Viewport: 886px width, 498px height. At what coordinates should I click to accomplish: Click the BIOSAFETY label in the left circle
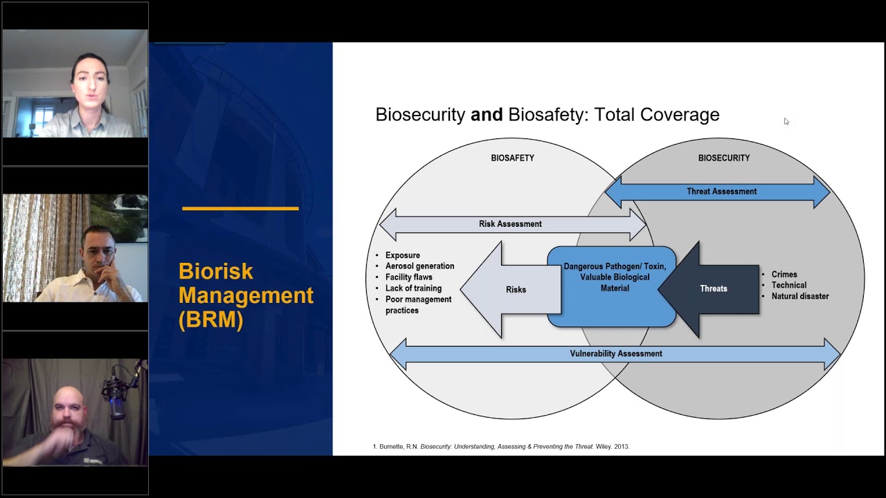click(x=512, y=158)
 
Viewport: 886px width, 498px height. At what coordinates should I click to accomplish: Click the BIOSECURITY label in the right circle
click(x=723, y=158)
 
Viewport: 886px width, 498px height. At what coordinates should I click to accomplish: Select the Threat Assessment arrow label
click(x=721, y=192)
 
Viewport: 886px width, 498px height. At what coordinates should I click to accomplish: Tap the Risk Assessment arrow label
click(x=510, y=224)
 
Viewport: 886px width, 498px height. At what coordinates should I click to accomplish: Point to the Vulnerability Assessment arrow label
click(x=615, y=353)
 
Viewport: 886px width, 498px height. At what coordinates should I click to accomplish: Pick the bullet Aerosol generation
click(x=419, y=266)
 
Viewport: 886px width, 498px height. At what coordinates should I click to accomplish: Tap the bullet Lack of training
click(x=413, y=288)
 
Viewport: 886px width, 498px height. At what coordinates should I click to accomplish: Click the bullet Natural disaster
click(x=799, y=296)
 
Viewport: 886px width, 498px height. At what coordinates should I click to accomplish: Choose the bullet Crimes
click(x=784, y=275)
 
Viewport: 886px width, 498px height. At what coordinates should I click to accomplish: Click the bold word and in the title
click(x=487, y=115)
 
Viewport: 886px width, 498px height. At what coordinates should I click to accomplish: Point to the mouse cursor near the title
click(x=786, y=122)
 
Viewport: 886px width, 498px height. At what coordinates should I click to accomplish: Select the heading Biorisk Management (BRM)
click(x=245, y=295)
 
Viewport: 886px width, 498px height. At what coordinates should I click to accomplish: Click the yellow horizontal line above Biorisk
click(x=240, y=208)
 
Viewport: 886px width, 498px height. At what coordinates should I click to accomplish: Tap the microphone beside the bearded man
click(x=115, y=397)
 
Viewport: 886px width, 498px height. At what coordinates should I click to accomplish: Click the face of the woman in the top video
click(x=89, y=81)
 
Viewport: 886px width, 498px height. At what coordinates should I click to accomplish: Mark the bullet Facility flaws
click(x=408, y=277)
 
